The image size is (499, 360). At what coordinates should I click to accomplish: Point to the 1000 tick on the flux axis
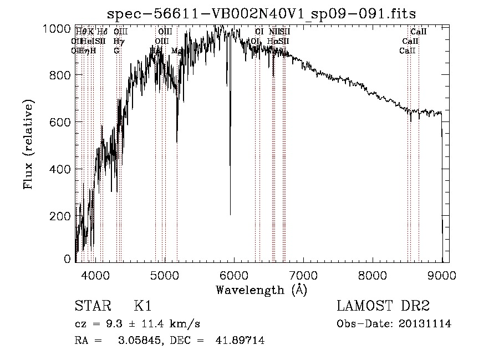pos(57,29)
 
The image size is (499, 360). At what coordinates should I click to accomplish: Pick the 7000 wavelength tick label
pos(303,275)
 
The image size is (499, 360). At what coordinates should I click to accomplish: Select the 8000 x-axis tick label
pos(373,275)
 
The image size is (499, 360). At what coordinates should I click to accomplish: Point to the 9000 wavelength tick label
pos(442,275)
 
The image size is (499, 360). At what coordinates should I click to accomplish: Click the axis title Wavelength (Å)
pos(261,290)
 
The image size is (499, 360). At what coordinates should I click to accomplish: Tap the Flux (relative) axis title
pos(28,144)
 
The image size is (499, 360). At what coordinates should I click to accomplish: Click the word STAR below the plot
pos(92,306)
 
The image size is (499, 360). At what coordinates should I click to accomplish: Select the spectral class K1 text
pos(142,306)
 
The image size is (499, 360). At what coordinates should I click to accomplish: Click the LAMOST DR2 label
pos(383,306)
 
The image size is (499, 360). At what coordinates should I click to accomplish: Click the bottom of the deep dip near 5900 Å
pos(230,214)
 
